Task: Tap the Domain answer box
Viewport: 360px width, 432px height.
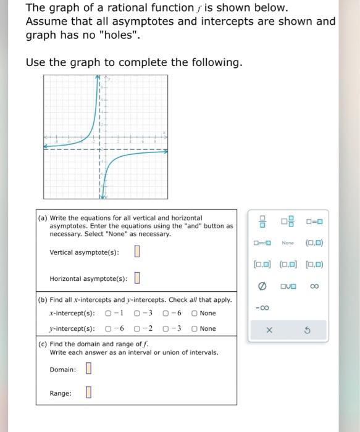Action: [88, 369]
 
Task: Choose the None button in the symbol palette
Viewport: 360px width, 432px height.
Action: [288, 243]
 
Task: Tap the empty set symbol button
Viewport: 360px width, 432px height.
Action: [262, 286]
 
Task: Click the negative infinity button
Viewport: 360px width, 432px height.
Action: [262, 307]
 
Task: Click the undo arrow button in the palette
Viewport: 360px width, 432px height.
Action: [308, 330]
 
